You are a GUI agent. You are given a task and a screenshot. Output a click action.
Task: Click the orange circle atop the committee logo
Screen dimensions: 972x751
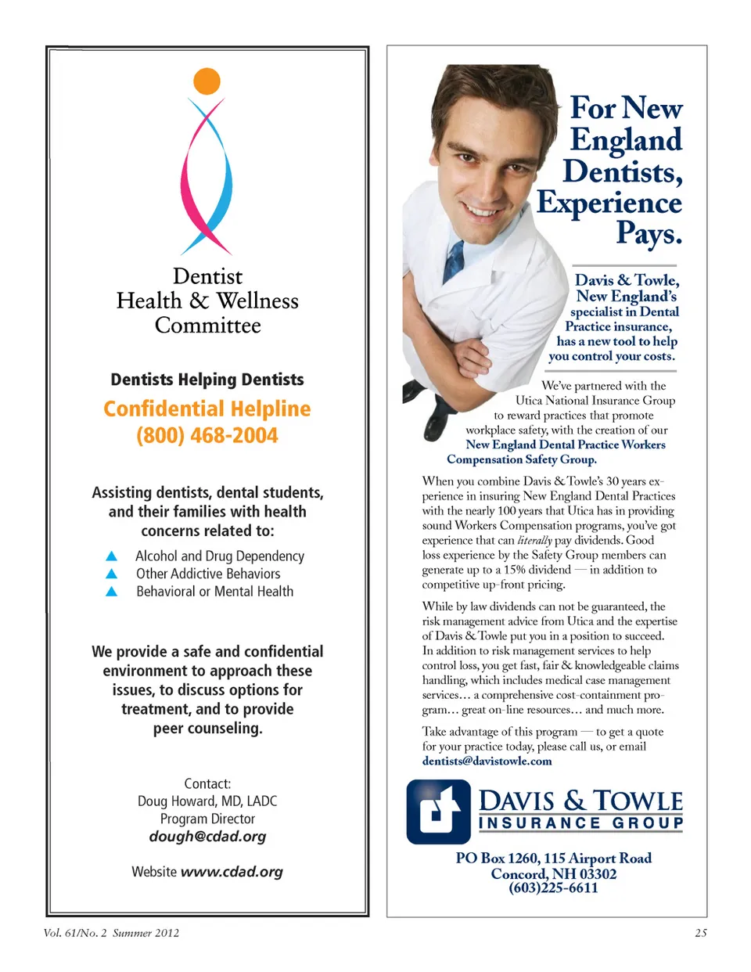point(207,81)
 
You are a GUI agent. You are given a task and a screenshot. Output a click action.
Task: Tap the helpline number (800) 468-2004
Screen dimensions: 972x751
point(207,436)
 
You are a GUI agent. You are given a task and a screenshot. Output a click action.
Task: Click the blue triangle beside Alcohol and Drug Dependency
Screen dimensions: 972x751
point(111,556)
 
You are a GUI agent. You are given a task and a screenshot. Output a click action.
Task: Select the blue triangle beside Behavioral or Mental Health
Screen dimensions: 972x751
point(111,592)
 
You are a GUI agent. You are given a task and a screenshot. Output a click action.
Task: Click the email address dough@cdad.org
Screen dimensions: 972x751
point(207,837)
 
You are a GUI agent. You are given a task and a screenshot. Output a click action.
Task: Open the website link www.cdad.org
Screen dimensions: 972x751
point(232,872)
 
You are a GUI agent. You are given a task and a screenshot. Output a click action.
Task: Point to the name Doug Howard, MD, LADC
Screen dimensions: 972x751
point(207,801)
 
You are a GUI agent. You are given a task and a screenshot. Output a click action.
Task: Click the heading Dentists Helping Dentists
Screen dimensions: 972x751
point(207,380)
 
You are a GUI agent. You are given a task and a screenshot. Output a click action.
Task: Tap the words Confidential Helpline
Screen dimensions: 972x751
point(207,409)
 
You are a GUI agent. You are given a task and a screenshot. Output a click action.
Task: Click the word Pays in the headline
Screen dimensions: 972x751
point(649,234)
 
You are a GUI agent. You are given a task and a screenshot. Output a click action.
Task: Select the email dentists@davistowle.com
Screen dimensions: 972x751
point(487,761)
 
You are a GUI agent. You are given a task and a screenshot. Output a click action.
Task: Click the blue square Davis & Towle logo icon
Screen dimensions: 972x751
point(438,812)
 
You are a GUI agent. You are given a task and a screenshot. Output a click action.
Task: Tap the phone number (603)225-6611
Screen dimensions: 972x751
point(553,888)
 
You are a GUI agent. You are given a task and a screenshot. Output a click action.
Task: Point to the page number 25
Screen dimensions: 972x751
point(700,933)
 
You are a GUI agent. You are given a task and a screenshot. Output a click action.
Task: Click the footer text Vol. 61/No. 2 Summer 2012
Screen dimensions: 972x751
point(111,933)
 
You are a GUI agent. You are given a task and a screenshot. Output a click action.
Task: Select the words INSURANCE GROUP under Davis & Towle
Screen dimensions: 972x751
point(580,823)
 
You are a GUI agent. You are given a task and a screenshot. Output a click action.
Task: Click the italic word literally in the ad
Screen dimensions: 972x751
point(535,541)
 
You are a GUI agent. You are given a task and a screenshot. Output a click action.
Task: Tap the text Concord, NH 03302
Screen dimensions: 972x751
point(553,873)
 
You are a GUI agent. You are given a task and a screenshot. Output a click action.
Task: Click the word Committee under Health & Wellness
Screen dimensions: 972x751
point(207,326)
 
